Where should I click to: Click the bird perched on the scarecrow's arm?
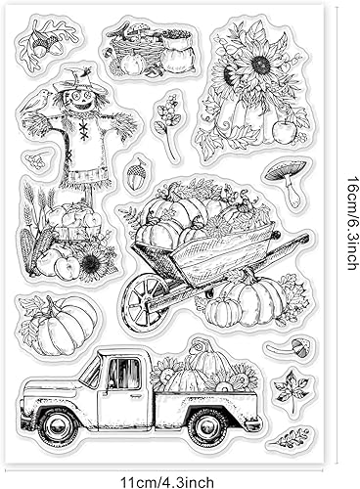35,101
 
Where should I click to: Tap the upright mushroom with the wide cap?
287,182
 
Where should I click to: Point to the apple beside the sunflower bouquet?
285,132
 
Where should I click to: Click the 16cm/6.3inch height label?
351,223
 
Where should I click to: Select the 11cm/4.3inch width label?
167,482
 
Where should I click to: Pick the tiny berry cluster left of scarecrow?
37,160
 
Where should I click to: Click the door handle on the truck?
135,395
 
